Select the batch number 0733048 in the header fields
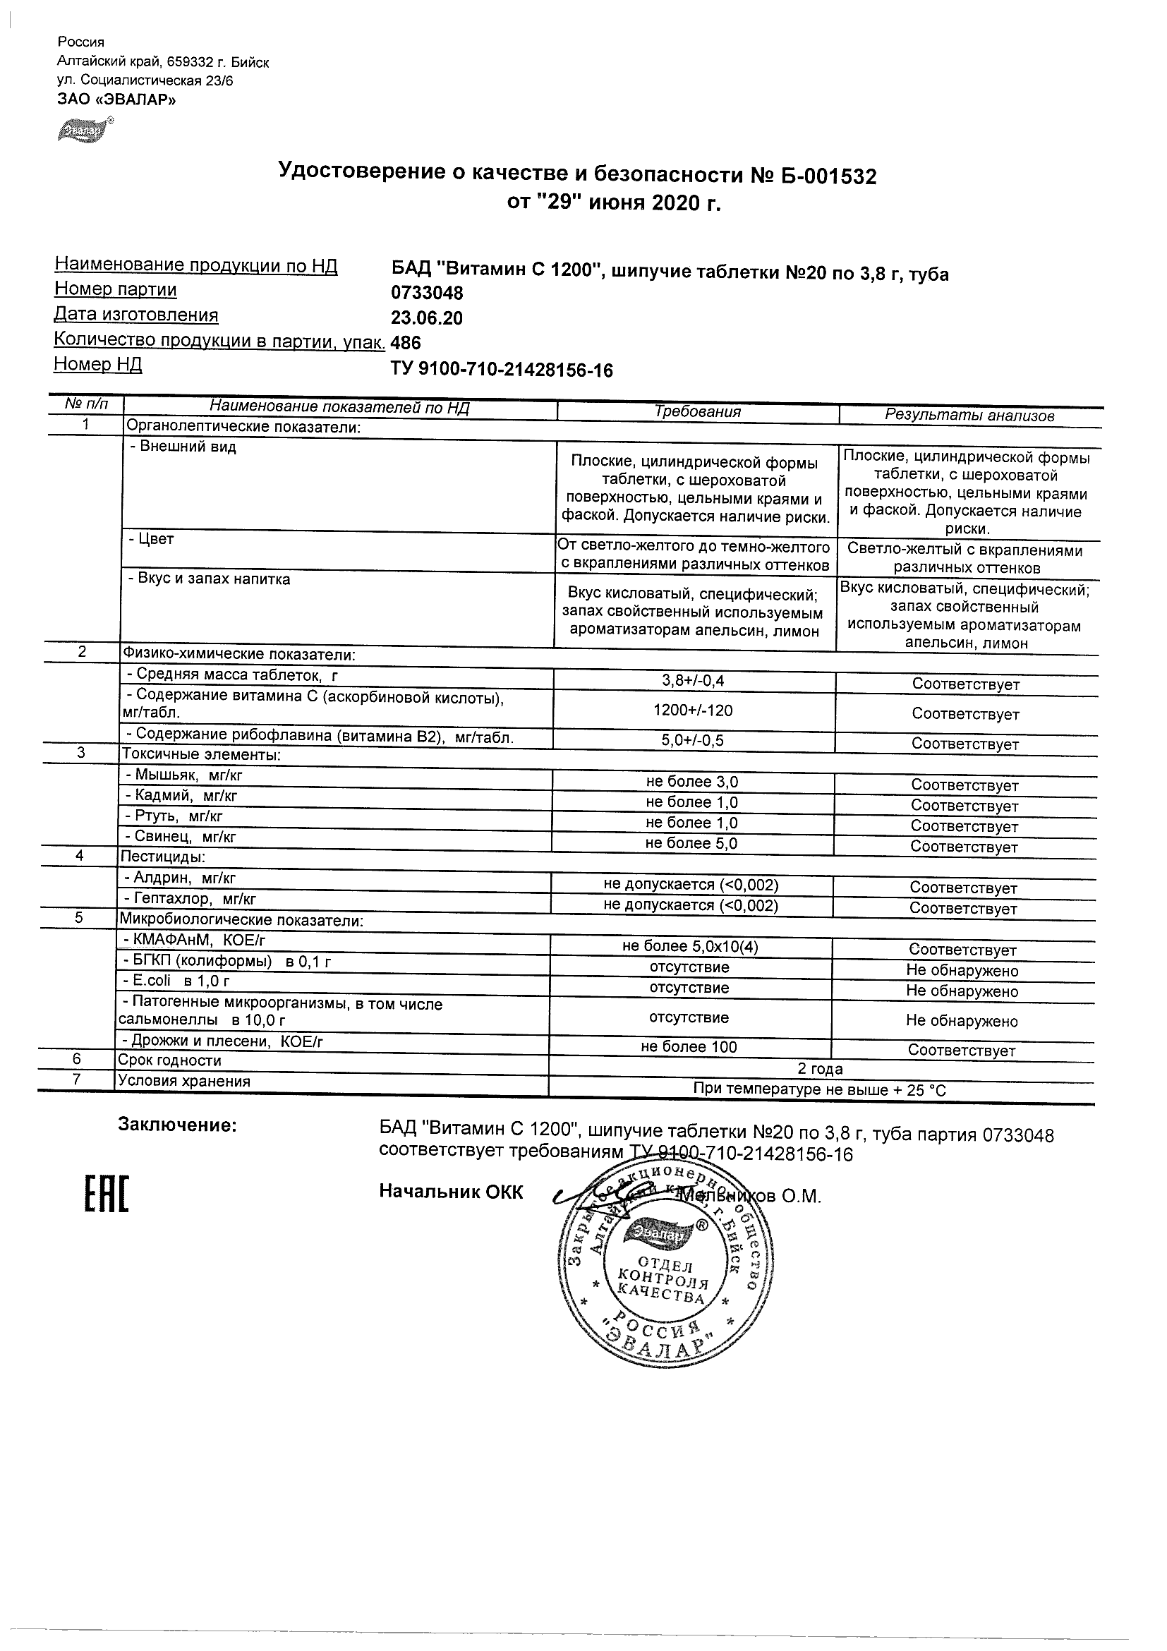click(427, 294)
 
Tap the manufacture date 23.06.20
click(427, 318)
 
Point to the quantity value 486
click(406, 343)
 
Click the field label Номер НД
click(98, 365)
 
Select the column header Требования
click(697, 412)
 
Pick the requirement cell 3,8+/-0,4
click(693, 680)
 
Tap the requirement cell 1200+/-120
click(693, 710)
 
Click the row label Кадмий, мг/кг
click(181, 795)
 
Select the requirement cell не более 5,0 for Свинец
click(691, 843)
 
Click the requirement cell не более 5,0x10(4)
click(689, 947)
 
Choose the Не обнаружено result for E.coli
click(962, 991)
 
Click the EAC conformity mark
click(107, 1195)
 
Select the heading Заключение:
click(177, 1125)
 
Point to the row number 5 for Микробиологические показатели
click(78, 918)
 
